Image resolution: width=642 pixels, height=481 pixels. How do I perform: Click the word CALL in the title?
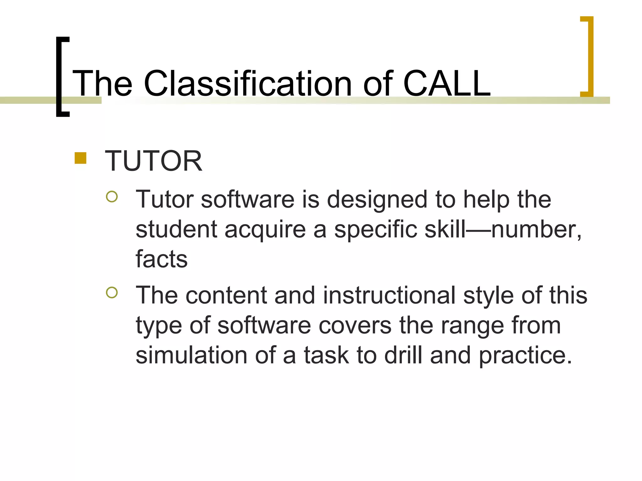point(447,84)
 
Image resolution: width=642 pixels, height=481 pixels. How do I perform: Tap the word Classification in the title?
point(248,84)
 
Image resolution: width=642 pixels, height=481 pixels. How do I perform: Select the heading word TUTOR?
point(153,161)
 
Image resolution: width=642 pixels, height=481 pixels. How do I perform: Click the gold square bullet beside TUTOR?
point(81,158)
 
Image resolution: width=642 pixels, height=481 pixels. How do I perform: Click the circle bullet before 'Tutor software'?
point(112,197)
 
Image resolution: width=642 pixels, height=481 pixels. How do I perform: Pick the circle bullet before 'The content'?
point(112,292)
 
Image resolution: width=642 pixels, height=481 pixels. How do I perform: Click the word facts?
point(161,259)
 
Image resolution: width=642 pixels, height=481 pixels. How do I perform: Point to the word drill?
point(403,355)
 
